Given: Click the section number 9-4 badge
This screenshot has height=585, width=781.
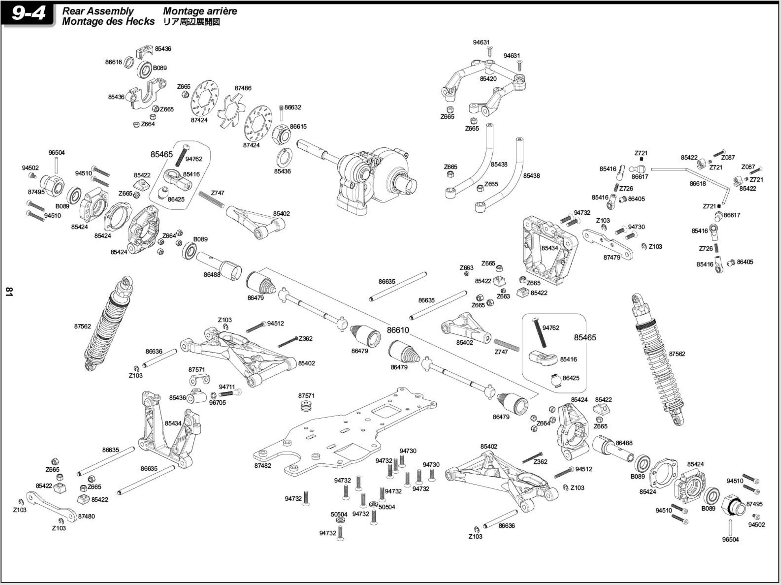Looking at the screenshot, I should (x=28, y=13).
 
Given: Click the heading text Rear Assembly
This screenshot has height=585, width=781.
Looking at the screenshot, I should (x=98, y=11).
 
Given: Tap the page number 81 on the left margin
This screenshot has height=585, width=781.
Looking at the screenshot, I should (x=9, y=292).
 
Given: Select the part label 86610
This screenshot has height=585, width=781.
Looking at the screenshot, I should (x=398, y=330).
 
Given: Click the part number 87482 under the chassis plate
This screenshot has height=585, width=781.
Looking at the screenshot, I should (x=263, y=465).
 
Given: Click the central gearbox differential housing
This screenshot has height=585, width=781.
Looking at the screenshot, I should (x=374, y=177).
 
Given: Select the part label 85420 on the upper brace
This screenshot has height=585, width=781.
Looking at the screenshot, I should (x=488, y=79).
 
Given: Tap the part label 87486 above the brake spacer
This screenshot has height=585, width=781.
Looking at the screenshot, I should (x=243, y=88).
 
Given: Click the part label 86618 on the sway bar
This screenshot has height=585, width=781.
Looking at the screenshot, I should (x=698, y=183).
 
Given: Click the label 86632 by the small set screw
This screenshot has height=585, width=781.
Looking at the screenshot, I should (x=293, y=107).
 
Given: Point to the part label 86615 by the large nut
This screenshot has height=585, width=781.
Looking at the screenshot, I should (x=298, y=127).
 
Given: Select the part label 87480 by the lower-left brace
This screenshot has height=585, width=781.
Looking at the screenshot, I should (x=86, y=516).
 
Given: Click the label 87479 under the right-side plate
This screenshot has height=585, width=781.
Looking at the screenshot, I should (x=612, y=257).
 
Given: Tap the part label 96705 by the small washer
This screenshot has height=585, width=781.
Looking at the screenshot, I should (x=217, y=402).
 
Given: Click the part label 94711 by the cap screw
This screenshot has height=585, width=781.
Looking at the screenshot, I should (x=227, y=387).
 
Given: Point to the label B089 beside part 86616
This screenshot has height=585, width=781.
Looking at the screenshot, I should (x=159, y=68).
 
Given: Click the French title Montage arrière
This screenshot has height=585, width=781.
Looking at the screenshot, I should (x=200, y=11).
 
